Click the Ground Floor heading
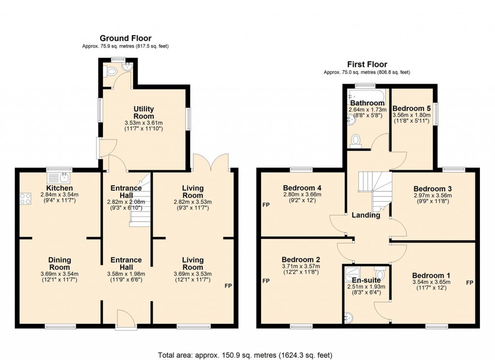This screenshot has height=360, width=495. pos(125,38)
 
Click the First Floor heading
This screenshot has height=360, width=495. pos(367,64)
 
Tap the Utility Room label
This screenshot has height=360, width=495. pos(144,113)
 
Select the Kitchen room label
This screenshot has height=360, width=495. pos(59,188)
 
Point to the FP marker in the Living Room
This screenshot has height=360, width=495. pos(228,286)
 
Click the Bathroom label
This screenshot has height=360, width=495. pos(367,103)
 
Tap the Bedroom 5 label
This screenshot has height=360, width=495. pos(412,108)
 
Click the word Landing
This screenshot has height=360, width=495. pos(365,215)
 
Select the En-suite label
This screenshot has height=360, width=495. pos(366,280)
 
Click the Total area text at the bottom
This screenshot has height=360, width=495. pos(246,354)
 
